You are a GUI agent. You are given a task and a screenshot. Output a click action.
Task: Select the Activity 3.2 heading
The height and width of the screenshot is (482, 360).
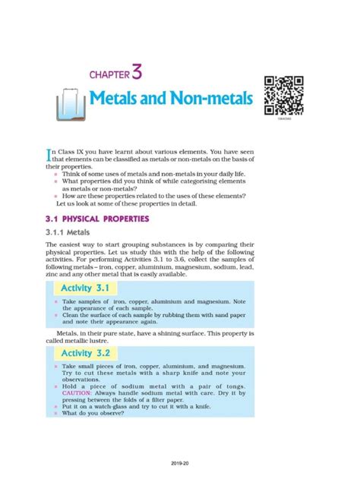[83, 353]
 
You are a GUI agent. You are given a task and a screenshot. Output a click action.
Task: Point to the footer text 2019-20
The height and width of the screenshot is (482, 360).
[180, 461]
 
